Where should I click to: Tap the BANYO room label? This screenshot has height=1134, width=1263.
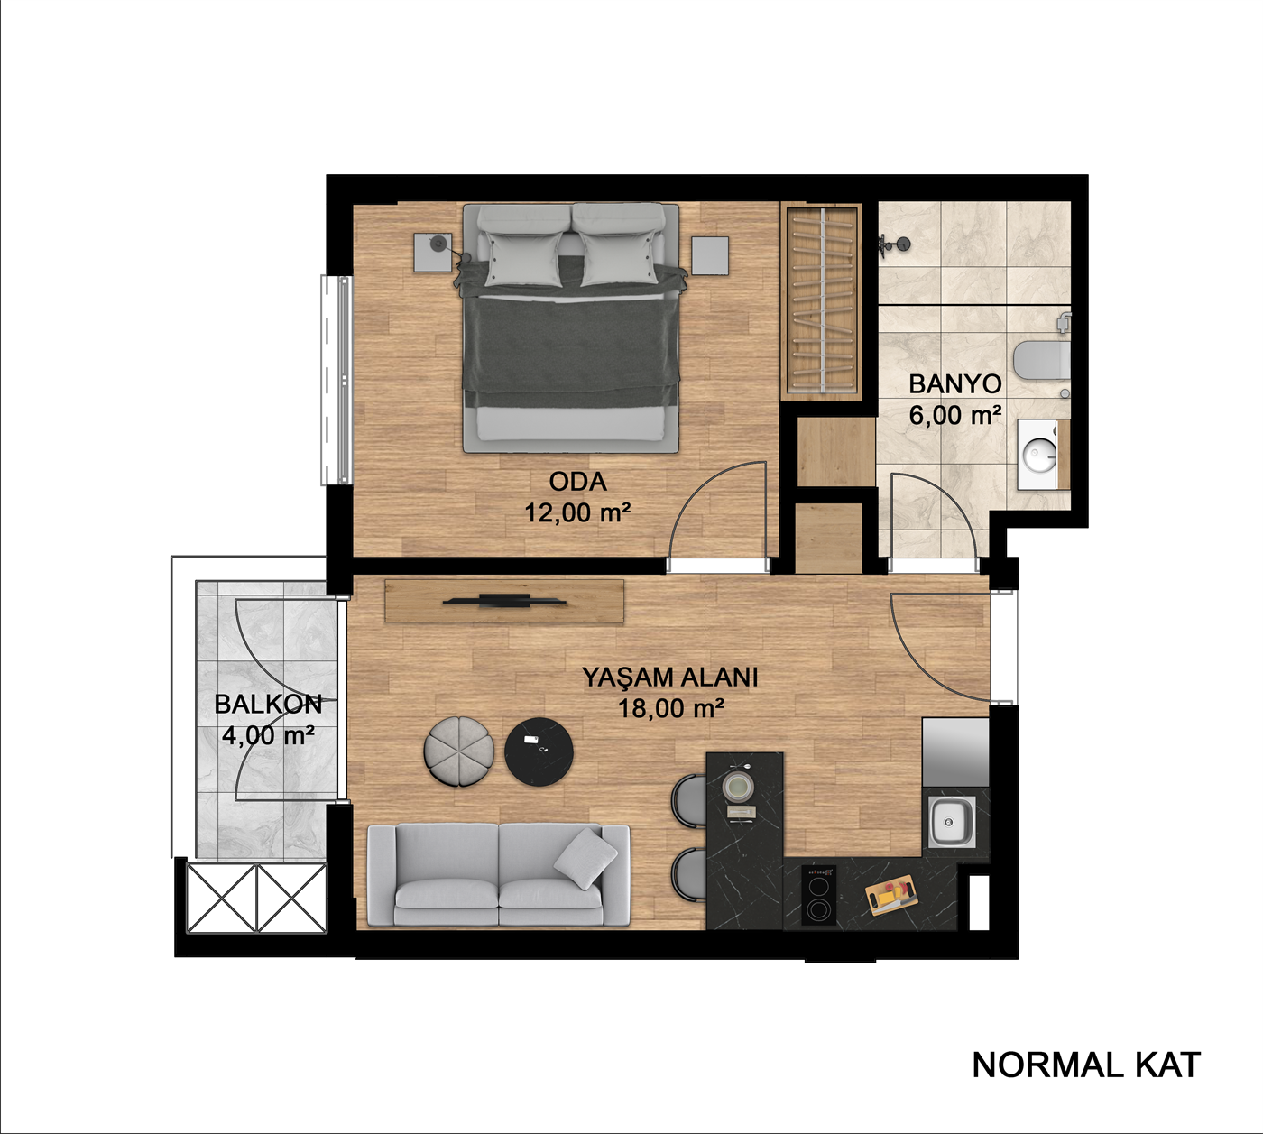pos(955,384)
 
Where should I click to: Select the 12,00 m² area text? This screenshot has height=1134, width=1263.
pos(577,512)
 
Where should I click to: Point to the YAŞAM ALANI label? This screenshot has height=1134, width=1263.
pos(670,677)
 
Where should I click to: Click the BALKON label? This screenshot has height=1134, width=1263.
pos(268,705)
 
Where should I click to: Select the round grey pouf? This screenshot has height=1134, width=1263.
pos(459,751)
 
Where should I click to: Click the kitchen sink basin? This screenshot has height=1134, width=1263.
pos(951,823)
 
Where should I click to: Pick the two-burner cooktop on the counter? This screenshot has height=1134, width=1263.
pos(818,895)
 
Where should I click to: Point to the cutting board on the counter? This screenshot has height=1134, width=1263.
pos(892,895)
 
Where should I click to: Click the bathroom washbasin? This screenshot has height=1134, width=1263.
pos(1039,453)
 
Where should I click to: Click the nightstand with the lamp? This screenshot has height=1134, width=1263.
pos(434,252)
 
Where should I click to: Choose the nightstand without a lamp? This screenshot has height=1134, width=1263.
pos(710,255)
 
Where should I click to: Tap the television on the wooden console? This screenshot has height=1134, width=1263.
pos(504,600)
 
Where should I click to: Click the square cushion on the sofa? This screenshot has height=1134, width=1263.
pos(586,859)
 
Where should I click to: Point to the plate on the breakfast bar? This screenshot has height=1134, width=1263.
pos(737,785)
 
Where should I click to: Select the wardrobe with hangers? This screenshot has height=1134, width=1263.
pos(822,302)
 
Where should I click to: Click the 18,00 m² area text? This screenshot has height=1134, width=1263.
pos(671,708)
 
